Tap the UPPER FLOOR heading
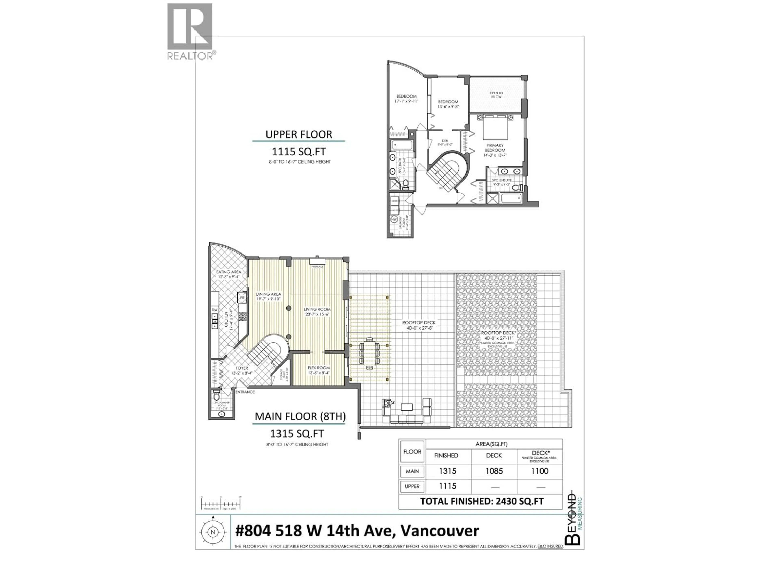[x=299, y=134]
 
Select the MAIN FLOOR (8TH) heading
[x=300, y=416]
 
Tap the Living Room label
[x=317, y=309]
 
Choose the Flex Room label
[x=318, y=368]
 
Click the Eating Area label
[x=229, y=272]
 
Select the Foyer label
[x=242, y=368]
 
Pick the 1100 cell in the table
[x=539, y=471]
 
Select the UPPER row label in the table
[x=412, y=486]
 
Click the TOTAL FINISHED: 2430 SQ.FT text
[x=482, y=502]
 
